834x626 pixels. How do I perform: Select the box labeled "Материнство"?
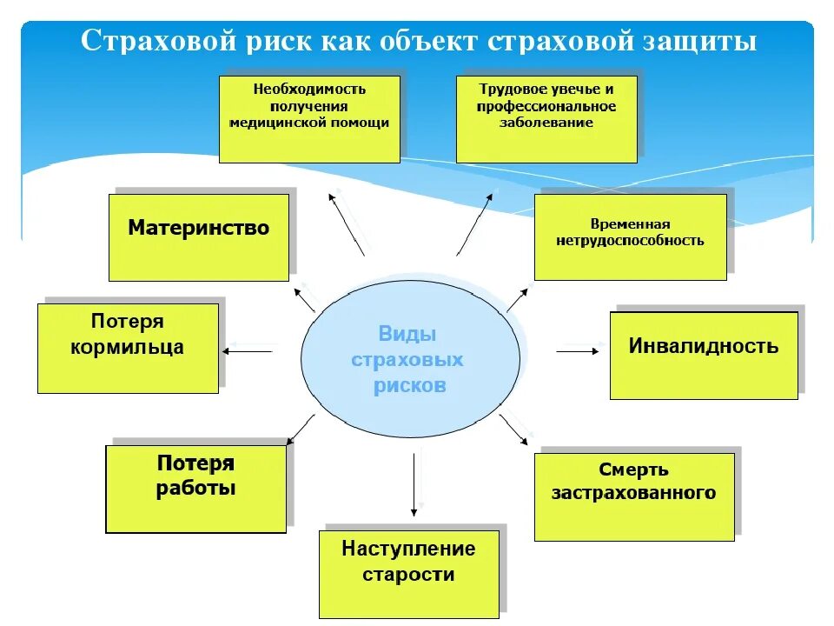click(199, 237)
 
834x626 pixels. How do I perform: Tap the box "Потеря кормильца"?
click(128, 348)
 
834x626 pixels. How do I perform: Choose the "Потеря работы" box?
click(195, 489)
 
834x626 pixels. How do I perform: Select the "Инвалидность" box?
click(703, 356)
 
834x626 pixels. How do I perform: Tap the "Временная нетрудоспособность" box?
click(630, 236)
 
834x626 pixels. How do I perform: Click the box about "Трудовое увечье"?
click(546, 119)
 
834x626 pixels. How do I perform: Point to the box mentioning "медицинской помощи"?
click(309, 119)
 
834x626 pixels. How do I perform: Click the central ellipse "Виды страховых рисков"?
click(410, 359)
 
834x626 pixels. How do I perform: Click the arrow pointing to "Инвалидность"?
click(578, 351)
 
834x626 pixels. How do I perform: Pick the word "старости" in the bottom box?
click(408, 575)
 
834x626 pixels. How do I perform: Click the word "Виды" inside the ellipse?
click(407, 334)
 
